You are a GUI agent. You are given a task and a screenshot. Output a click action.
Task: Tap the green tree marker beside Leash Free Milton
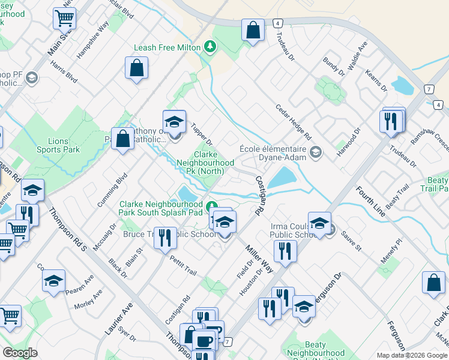(x=209, y=46)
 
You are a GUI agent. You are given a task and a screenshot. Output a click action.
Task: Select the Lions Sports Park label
(x=49, y=145)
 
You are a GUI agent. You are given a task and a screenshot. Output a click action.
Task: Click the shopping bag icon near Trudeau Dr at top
(x=253, y=29)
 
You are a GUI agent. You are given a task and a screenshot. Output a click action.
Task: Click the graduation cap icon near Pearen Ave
(x=53, y=280)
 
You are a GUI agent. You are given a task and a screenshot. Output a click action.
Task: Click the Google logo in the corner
(x=20, y=353)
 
